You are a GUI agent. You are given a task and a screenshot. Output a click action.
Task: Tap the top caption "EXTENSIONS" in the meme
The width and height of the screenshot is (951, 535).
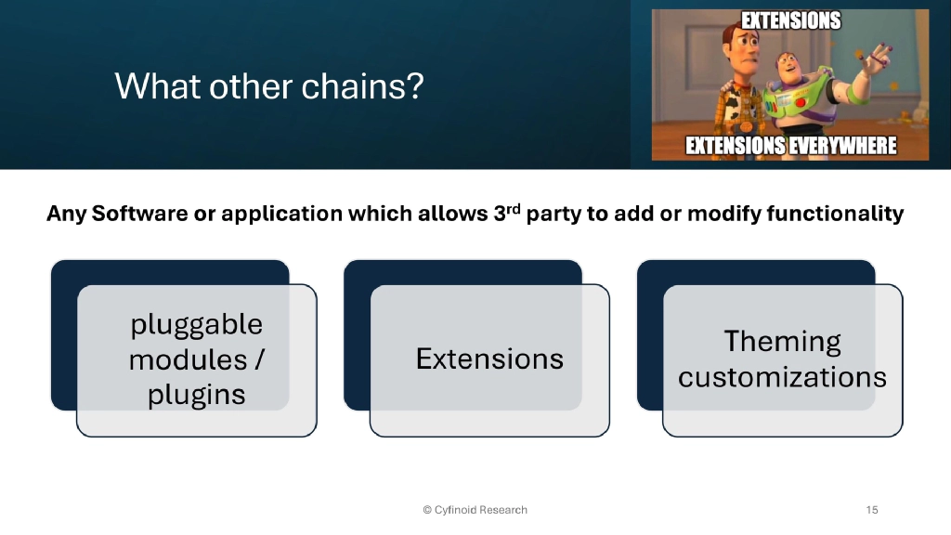tap(790, 20)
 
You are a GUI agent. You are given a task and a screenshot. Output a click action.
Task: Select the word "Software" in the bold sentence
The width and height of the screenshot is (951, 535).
tap(132, 215)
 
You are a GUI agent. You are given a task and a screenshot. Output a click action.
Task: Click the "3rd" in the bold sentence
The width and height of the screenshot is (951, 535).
tap(502, 213)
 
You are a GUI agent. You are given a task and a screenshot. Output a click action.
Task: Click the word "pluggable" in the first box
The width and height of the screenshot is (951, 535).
tap(196, 325)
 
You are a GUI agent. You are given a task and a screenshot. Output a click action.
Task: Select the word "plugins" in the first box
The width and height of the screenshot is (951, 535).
tap(196, 395)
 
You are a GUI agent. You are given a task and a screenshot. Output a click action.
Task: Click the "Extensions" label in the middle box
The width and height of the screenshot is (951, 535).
tap(489, 359)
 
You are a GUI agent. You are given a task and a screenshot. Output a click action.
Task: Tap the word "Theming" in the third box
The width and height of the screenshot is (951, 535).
tap(782, 342)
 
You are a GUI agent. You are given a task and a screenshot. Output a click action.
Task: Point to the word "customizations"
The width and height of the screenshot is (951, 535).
tap(782, 377)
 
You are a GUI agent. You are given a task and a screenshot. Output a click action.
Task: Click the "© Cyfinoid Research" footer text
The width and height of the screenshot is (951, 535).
tap(475, 510)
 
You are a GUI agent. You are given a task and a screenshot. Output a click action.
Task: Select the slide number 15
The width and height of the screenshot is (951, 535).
tap(871, 510)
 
